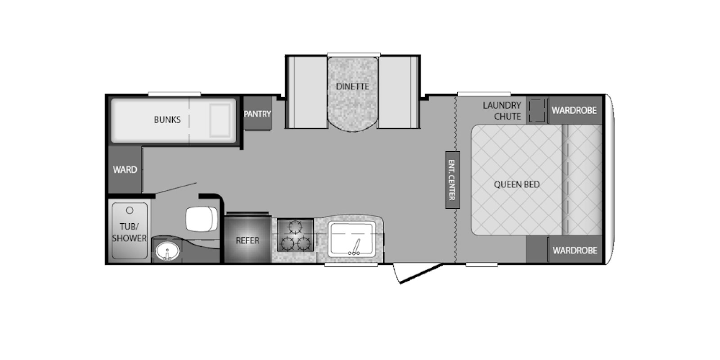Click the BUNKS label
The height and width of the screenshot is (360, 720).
[x=167, y=120]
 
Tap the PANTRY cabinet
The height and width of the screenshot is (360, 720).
[x=257, y=113]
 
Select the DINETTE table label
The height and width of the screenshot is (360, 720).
[x=352, y=86]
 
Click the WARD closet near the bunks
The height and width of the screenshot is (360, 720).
[x=125, y=169]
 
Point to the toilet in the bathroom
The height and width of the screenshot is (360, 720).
[x=202, y=219]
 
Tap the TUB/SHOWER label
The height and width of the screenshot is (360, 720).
[x=129, y=232]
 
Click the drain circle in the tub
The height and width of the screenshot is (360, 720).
[x=130, y=210]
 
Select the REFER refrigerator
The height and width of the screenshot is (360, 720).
[x=247, y=239]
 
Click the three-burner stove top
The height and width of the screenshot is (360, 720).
[x=295, y=235]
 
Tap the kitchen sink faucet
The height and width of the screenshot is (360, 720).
[x=355, y=247]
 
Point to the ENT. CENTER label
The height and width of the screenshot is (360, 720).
[x=452, y=180]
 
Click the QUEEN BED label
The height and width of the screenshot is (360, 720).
[x=517, y=184]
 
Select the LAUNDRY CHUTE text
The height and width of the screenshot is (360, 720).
[x=502, y=111]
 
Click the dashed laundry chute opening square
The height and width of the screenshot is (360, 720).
[x=537, y=110]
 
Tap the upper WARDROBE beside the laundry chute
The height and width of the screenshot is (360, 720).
[x=575, y=110]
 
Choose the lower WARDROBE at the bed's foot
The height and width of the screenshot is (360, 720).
[x=575, y=250]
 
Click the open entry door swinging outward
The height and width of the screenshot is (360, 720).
[x=418, y=274]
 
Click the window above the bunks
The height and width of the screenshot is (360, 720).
[x=174, y=94]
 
